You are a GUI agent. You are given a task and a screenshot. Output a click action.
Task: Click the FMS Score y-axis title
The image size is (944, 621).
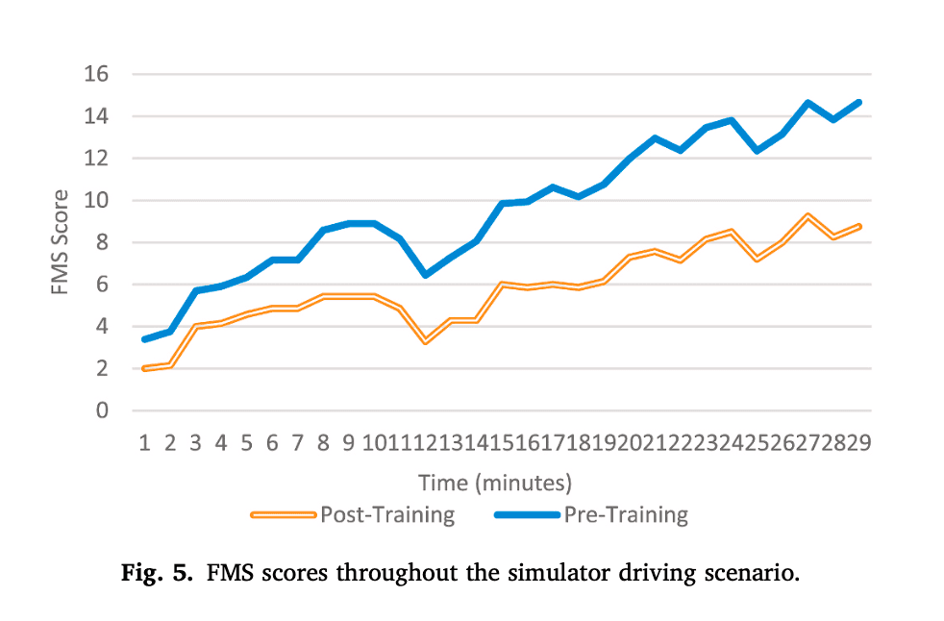click(x=61, y=242)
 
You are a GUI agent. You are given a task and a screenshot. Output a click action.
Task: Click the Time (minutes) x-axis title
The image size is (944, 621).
click(x=495, y=482)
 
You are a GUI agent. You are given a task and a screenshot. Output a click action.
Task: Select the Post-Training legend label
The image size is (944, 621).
click(x=386, y=515)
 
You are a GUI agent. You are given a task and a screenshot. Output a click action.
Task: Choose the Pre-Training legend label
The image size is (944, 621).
click(x=626, y=515)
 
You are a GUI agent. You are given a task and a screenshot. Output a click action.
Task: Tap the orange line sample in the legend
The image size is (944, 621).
click(x=283, y=515)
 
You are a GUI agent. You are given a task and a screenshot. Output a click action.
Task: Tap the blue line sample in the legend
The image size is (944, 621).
click(x=527, y=515)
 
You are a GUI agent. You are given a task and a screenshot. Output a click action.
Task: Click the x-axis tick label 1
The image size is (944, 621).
click(x=144, y=443)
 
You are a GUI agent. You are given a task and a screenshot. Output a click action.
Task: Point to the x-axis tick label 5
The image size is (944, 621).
click(x=246, y=443)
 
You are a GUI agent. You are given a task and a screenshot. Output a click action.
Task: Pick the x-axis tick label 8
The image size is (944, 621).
click(x=323, y=443)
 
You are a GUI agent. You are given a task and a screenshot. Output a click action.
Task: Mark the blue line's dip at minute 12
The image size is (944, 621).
click(x=426, y=275)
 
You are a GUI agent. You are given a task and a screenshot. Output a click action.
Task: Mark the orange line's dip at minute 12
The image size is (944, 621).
click(x=426, y=341)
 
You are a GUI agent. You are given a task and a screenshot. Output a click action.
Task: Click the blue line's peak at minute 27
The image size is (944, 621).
click(x=808, y=103)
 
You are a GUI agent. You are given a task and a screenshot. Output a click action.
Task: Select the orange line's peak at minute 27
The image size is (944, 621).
click(x=808, y=216)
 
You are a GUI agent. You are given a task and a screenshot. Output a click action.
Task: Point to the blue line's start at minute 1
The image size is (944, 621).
click(x=144, y=339)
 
